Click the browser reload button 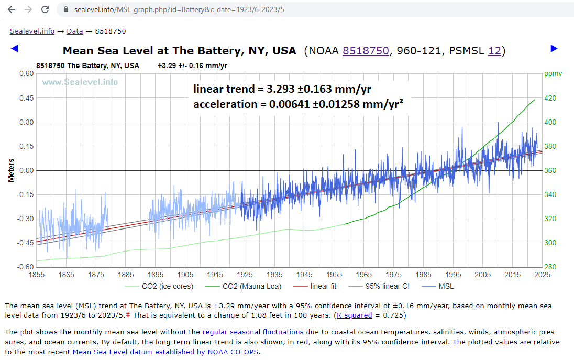45,9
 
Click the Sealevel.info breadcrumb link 32,31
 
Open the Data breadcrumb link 74,31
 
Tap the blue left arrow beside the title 14,49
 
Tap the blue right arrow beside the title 554,49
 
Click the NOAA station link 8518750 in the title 366,51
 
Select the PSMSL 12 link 494,51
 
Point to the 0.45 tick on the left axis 26,98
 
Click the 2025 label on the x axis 542,275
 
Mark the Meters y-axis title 12,170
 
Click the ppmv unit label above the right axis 553,74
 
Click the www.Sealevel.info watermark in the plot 80,82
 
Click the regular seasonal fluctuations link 253,332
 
